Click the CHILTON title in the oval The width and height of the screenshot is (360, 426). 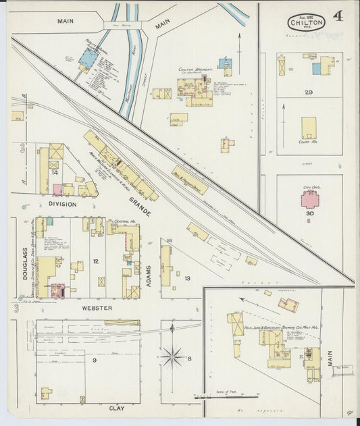[x=307, y=22]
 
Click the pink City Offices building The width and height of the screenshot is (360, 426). [x=311, y=198]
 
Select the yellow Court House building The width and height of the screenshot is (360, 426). [x=309, y=127]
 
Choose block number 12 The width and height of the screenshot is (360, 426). [x=96, y=261]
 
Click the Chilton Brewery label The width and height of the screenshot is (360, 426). [x=196, y=69]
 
